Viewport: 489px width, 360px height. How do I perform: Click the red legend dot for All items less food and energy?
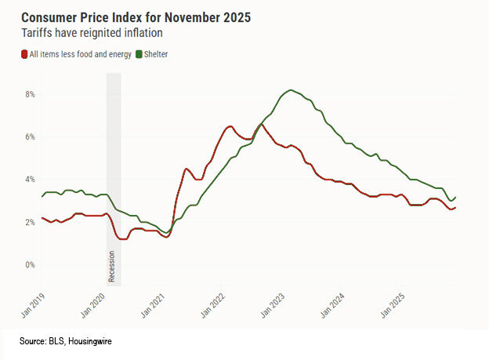[x=24, y=54]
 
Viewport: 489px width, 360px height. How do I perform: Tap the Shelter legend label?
[x=157, y=54]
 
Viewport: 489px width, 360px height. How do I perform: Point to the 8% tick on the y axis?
[x=31, y=94]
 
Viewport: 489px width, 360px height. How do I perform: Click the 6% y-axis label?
[x=31, y=136]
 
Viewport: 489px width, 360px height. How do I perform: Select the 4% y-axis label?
[x=31, y=180]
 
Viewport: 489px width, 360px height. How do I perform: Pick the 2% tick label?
[x=31, y=222]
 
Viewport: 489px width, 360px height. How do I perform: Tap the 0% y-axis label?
[x=31, y=265]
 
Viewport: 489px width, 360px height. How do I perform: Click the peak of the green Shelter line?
[x=291, y=90]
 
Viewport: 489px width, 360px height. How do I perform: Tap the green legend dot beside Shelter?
[x=139, y=54]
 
